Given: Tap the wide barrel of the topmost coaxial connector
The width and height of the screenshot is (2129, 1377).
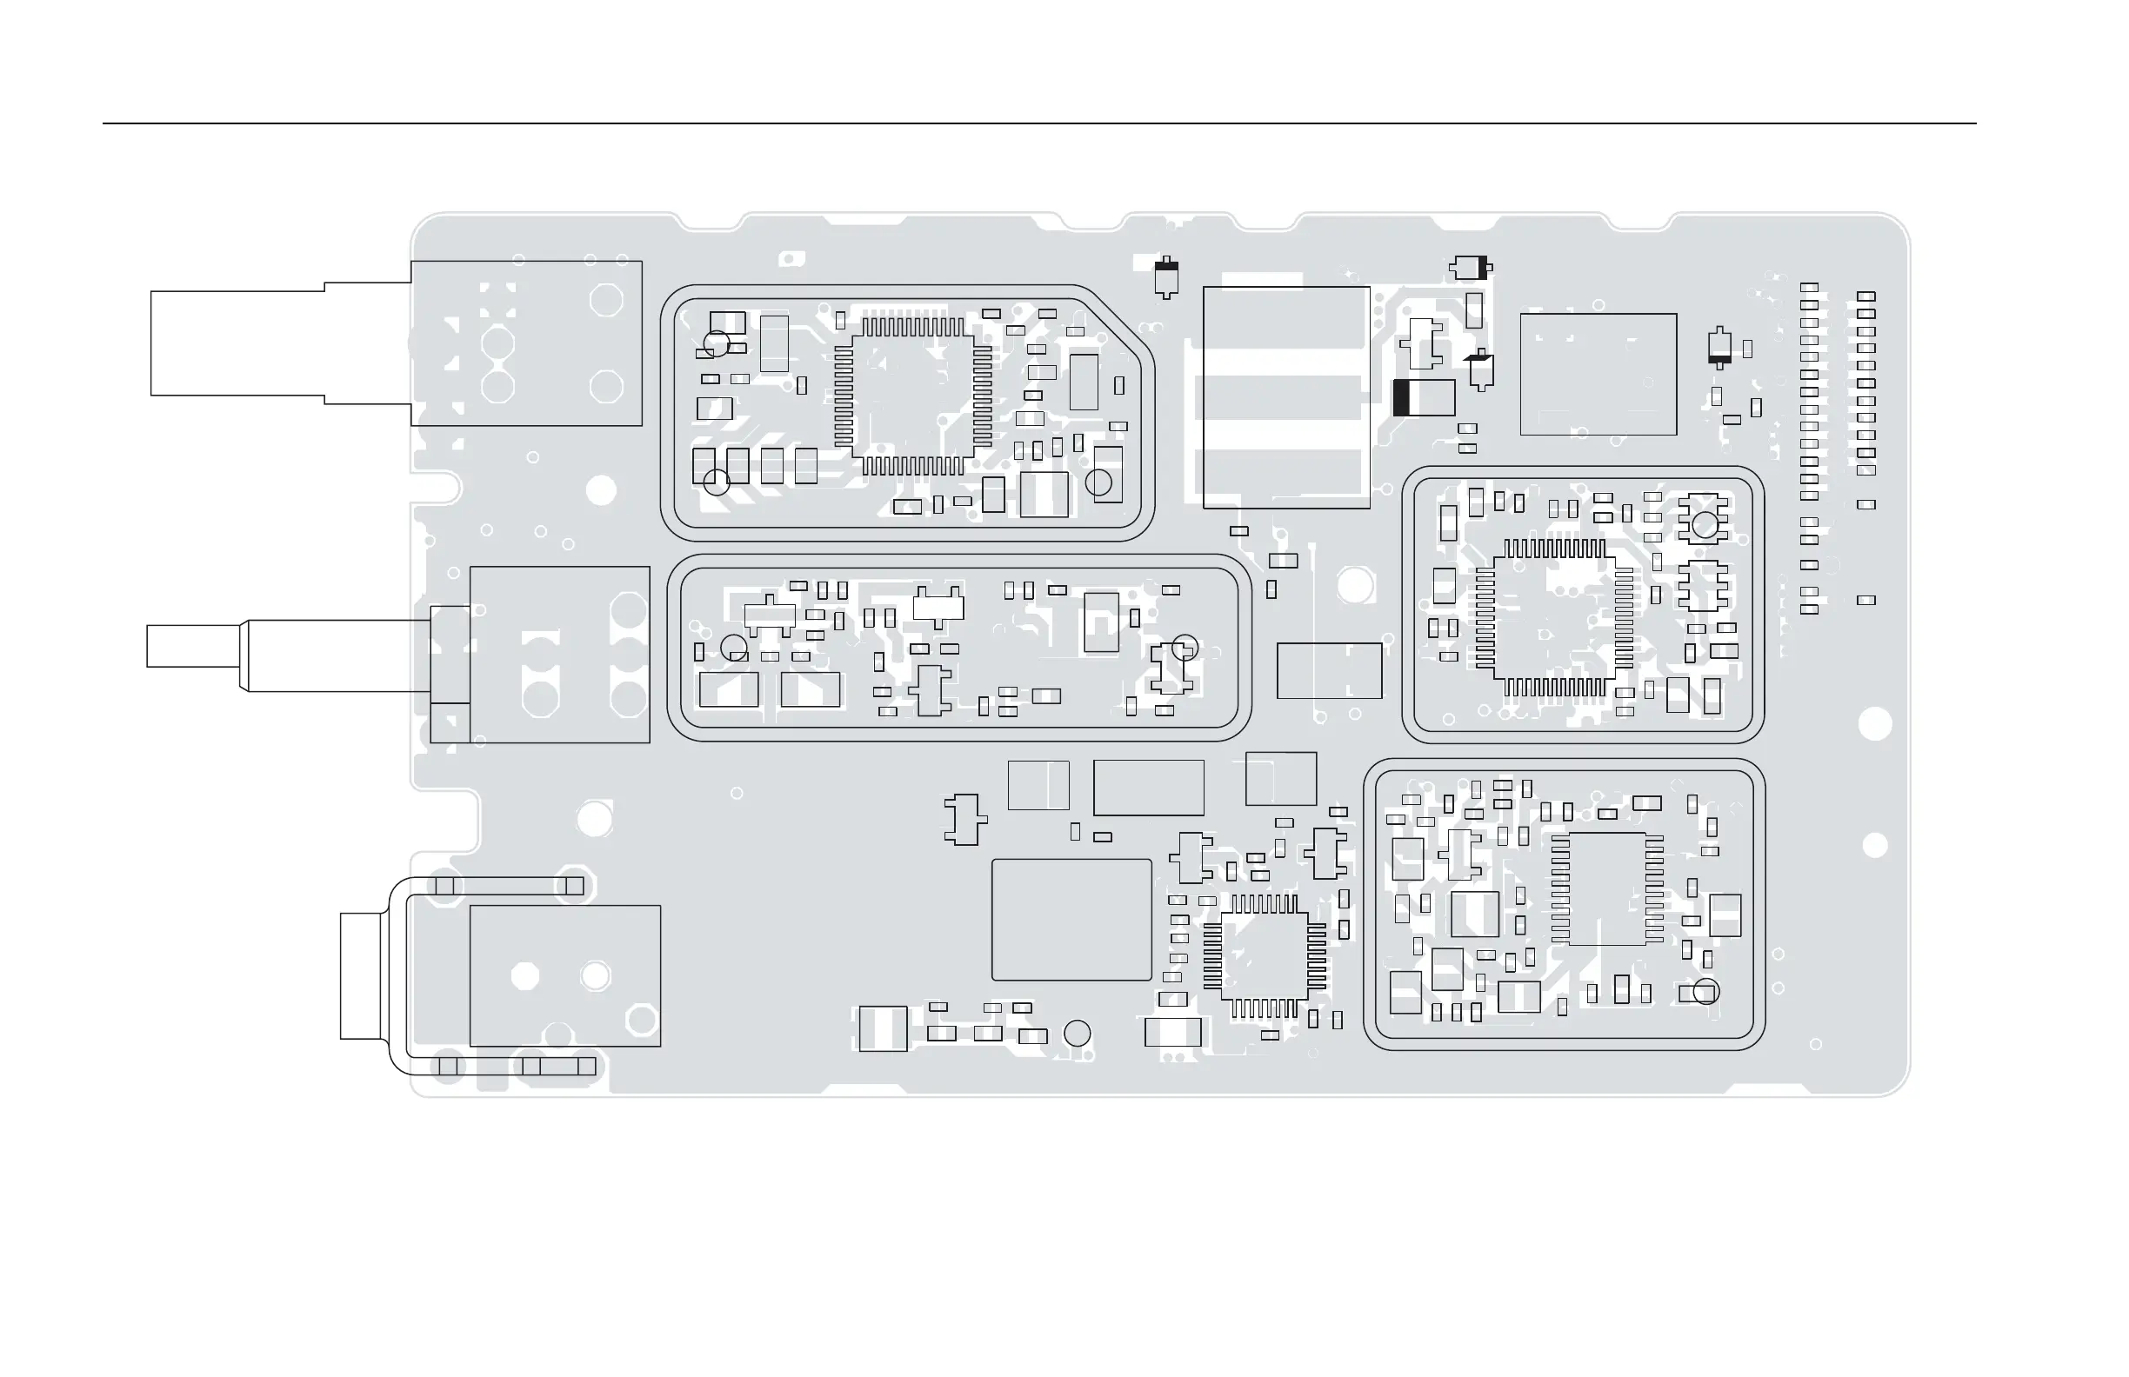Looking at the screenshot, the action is point(237,343).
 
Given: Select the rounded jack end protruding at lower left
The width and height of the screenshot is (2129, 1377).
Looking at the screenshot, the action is point(362,976).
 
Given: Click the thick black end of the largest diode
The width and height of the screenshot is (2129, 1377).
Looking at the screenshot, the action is point(1401,398).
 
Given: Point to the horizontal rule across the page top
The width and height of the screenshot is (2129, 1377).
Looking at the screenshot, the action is point(1038,123).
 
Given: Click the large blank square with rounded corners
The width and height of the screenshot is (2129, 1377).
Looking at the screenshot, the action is point(1071,920).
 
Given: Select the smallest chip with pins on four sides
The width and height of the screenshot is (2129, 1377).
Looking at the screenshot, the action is point(1264,957).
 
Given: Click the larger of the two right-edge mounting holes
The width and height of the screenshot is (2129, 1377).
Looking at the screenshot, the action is point(1875,724).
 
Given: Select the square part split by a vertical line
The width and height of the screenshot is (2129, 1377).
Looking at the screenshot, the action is point(1038,786).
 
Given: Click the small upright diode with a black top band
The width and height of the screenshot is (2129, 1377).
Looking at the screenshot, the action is point(1165,277).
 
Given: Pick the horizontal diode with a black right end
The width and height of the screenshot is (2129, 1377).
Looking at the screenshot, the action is point(1470,267).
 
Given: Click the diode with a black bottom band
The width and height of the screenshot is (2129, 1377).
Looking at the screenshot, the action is point(1719,348).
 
